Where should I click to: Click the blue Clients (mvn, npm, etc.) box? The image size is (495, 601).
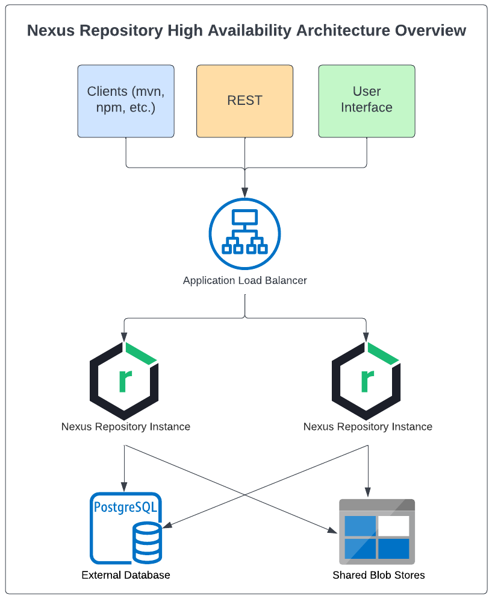pyautogui.click(x=126, y=101)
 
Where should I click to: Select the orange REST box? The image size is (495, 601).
pyautogui.click(x=244, y=101)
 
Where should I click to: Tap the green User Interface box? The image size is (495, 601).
pyautogui.click(x=367, y=101)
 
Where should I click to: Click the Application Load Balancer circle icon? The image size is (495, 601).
pyautogui.click(x=244, y=234)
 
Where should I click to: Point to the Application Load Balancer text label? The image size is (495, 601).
pyautogui.click(x=245, y=280)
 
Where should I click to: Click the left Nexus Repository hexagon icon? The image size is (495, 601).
pyautogui.click(x=124, y=381)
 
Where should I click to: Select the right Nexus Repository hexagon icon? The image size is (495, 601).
pyautogui.click(x=366, y=381)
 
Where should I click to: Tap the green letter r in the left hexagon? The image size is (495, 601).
pyautogui.click(x=125, y=381)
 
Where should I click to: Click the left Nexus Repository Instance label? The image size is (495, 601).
pyautogui.click(x=126, y=427)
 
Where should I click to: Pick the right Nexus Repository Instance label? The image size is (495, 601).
pyautogui.click(x=368, y=427)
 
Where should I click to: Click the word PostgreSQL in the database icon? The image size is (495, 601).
pyautogui.click(x=126, y=508)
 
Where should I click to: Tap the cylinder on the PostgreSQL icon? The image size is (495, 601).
pyautogui.click(x=148, y=543)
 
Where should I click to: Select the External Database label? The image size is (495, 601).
pyautogui.click(x=126, y=575)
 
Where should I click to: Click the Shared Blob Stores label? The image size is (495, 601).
pyautogui.click(x=379, y=575)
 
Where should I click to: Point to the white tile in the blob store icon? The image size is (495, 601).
pyautogui.click(x=394, y=526)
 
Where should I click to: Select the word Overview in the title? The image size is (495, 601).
pyautogui.click(x=431, y=31)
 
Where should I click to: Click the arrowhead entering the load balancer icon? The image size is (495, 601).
pyautogui.click(x=244, y=193)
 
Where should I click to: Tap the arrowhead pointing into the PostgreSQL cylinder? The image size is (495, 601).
pyautogui.click(x=167, y=524)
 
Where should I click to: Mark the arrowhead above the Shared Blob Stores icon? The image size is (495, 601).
pyautogui.click(x=367, y=492)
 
